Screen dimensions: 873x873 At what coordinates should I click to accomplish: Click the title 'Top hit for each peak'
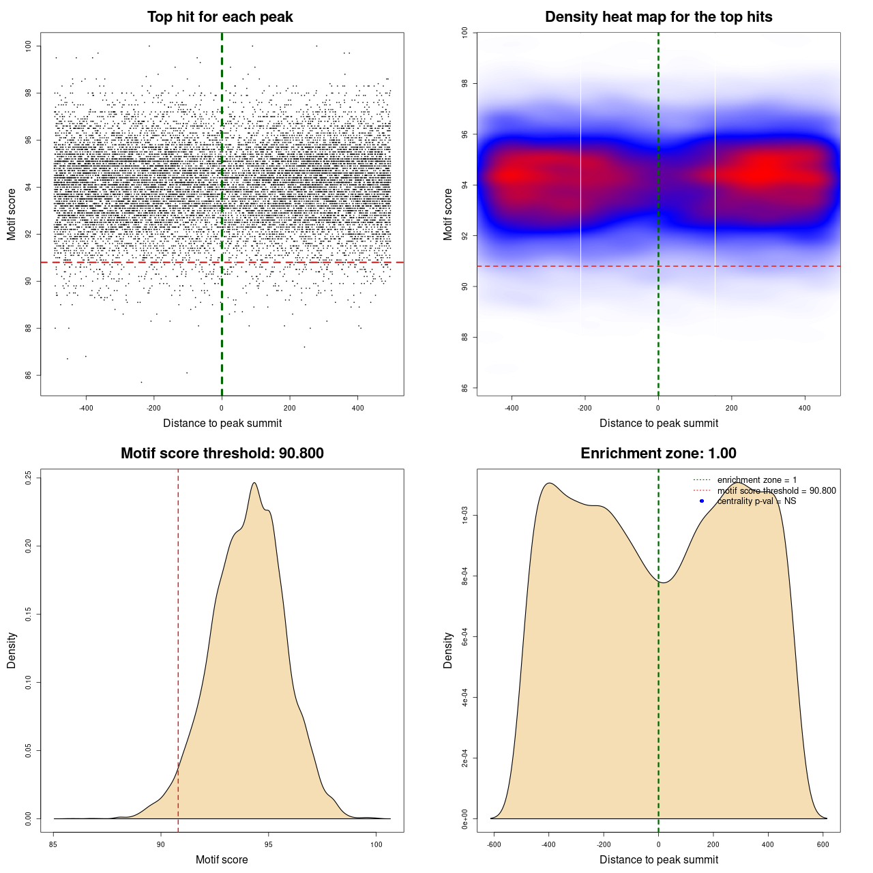(220, 17)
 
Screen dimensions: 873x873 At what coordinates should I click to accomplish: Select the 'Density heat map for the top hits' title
(658, 17)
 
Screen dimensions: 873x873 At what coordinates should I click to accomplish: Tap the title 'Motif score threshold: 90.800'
(222, 454)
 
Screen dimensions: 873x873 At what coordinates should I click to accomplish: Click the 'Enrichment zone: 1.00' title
(658, 454)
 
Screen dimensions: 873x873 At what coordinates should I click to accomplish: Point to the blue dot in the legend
(702, 501)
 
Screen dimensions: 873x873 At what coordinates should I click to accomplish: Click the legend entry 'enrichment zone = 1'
(756, 480)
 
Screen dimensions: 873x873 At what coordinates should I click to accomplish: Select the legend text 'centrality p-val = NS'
(756, 501)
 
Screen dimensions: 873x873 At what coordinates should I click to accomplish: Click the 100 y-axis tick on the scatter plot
(29, 46)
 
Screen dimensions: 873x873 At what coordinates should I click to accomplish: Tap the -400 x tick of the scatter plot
(86, 409)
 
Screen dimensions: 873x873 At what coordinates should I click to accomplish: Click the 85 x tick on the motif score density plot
(53, 844)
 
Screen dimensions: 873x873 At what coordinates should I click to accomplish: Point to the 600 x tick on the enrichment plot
(823, 844)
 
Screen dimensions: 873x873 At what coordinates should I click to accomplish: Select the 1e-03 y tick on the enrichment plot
(465, 516)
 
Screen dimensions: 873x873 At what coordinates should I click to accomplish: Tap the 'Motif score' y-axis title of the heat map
(447, 214)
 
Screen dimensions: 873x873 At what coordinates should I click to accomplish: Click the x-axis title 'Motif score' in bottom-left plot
(222, 859)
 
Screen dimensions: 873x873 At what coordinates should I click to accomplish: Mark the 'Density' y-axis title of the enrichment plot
(447, 650)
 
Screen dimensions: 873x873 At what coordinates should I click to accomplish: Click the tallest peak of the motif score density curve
(254, 483)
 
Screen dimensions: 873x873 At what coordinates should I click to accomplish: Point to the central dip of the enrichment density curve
(665, 582)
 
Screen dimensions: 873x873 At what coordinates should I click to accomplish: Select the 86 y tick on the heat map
(465, 388)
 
